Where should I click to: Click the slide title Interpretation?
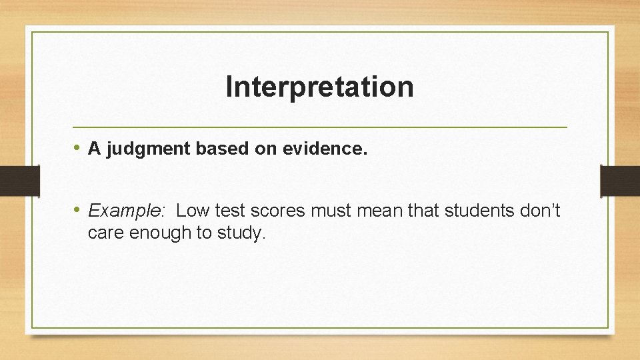(x=319, y=87)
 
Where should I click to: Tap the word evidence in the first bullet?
(x=325, y=150)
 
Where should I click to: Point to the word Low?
(x=193, y=211)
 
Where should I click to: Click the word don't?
(x=541, y=211)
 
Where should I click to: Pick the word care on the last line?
(x=106, y=234)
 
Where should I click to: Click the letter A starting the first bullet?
(x=94, y=150)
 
